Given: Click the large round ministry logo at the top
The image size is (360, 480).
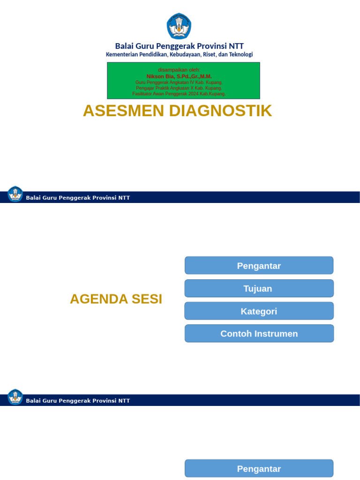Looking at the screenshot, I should [x=179, y=26].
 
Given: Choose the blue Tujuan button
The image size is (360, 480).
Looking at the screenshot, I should [x=259, y=289].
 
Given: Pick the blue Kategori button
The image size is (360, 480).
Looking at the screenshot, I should [x=259, y=311].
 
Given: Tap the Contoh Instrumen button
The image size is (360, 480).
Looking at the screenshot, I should [x=259, y=334].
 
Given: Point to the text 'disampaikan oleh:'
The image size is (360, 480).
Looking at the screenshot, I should [x=179, y=70].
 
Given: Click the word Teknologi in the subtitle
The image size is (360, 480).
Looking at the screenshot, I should [x=240, y=54].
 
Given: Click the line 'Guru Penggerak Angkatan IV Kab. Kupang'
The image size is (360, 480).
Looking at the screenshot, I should [x=179, y=82].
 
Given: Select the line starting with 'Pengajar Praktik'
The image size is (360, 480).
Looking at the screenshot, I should [x=179, y=88].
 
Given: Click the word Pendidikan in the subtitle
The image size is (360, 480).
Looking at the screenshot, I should [x=153, y=54].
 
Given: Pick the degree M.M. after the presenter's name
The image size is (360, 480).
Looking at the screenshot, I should [x=206, y=76].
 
